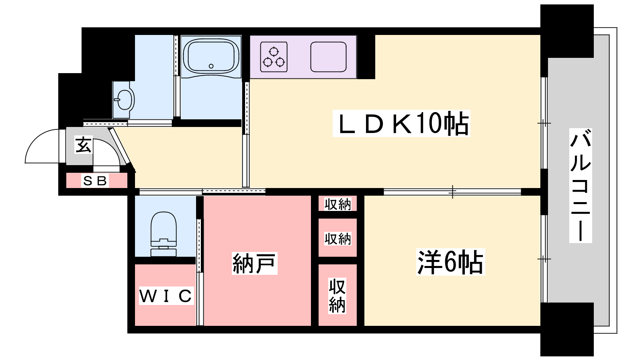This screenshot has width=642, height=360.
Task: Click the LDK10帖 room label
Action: point(402,124)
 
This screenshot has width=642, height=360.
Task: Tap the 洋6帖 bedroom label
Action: point(450,262)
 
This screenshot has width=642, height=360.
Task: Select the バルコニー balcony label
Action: point(581,185)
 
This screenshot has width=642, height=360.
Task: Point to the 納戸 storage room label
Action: point(254,264)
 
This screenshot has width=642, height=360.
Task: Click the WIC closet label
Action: point(166,296)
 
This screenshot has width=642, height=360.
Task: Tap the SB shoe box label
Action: point(95,181)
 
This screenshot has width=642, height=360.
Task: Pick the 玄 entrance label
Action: point(84,145)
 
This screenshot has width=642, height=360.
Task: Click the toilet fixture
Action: point(164,233)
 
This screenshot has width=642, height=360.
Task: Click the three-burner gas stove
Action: point(274,57)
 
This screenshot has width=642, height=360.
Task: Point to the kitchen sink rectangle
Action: point(328,57)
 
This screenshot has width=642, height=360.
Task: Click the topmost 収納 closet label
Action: point(337,204)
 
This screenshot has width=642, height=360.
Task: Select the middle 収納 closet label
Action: point(337,239)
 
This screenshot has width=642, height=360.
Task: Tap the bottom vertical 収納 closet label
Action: point(337,296)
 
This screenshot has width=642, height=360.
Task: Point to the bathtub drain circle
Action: point(211,66)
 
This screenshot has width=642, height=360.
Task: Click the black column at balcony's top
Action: point(567,30)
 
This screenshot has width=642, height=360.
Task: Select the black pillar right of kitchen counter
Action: point(366,57)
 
